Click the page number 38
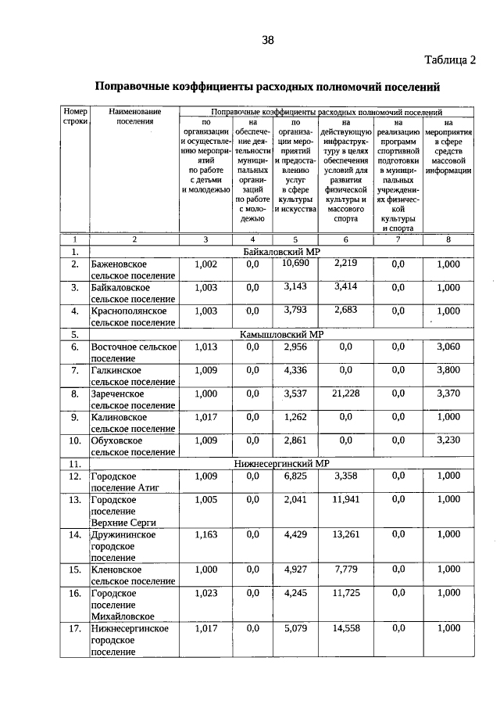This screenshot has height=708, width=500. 267,41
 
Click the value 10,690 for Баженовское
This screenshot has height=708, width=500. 295,264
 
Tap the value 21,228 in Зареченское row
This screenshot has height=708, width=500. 345,394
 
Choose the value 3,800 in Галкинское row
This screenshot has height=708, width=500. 448,370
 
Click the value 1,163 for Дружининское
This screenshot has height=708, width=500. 206,534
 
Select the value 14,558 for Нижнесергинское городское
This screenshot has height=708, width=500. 345,628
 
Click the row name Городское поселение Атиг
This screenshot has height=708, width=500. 125,481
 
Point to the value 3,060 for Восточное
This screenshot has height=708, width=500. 448,347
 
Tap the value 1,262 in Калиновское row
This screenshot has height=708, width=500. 295,417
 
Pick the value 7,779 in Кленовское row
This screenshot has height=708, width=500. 345,570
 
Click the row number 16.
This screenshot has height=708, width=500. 74,593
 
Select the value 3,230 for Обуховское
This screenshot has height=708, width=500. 448,440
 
